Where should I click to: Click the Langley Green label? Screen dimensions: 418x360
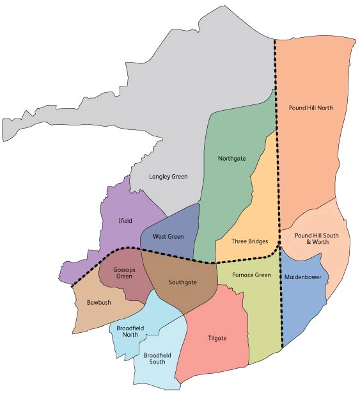(168, 176)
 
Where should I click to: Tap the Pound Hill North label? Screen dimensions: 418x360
(311, 108)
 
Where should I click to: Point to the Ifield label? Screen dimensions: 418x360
(125, 221)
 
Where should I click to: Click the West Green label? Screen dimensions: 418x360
(168, 237)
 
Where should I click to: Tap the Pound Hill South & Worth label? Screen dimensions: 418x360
(316, 239)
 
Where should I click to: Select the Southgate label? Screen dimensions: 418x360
(182, 282)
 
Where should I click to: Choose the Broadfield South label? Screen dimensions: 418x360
(154, 358)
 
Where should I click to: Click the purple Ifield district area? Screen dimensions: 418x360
(121, 205)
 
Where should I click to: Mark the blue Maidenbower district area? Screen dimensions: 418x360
(301, 307)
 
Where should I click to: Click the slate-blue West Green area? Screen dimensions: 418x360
(179, 224)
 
